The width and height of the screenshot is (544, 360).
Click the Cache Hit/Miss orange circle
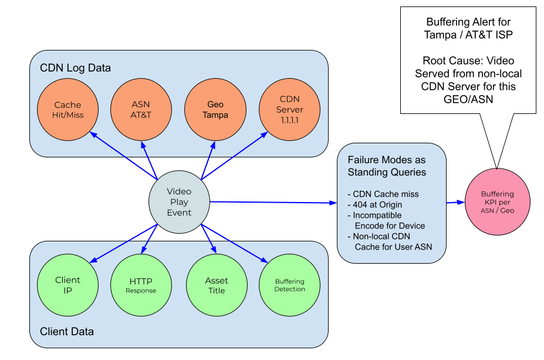pyautogui.click(x=68, y=110)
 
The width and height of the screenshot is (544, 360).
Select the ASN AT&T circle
pyautogui.click(x=141, y=110)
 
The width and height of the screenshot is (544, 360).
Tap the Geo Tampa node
pyautogui.click(x=215, y=110)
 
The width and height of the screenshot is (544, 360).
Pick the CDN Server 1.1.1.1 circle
pyautogui.click(x=290, y=110)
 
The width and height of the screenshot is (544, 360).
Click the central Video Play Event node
pyautogui.click(x=179, y=202)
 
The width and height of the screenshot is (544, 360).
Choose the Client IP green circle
pyautogui.click(x=68, y=285)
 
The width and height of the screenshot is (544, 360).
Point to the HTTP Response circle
pyautogui.click(x=141, y=285)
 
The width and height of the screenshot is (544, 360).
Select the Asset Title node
pyautogui.click(x=216, y=285)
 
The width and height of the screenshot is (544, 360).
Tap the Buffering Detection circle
pyautogui.click(x=290, y=285)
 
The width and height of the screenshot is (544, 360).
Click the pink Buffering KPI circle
pyautogui.click(x=497, y=202)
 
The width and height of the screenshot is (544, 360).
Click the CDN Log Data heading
pyautogui.click(x=75, y=68)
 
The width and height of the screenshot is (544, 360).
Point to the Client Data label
pyautogui.click(x=67, y=332)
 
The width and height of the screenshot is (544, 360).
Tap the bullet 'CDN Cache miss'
pyautogui.click(x=383, y=194)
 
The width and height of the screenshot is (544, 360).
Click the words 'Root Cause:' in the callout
pyautogui.click(x=447, y=60)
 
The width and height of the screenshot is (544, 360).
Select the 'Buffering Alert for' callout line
pyautogui.click(x=468, y=22)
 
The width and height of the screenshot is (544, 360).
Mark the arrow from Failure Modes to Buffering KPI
pyautogui.click(x=456, y=203)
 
